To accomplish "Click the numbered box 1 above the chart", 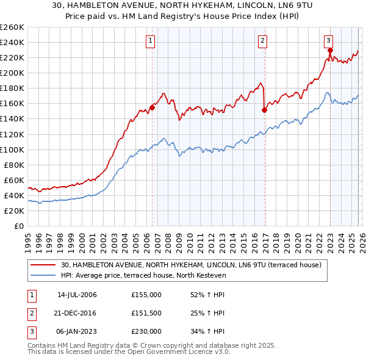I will (150, 41).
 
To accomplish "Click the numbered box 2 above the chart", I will (262, 41).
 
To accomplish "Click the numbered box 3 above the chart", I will (329, 41).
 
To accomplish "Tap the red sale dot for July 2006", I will (152, 107).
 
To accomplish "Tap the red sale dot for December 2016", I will (264, 110).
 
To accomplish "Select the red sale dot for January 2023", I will (329, 50).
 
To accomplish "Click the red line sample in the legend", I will (43, 265).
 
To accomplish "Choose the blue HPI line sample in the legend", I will (43, 276).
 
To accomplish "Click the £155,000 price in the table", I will (146, 295).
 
